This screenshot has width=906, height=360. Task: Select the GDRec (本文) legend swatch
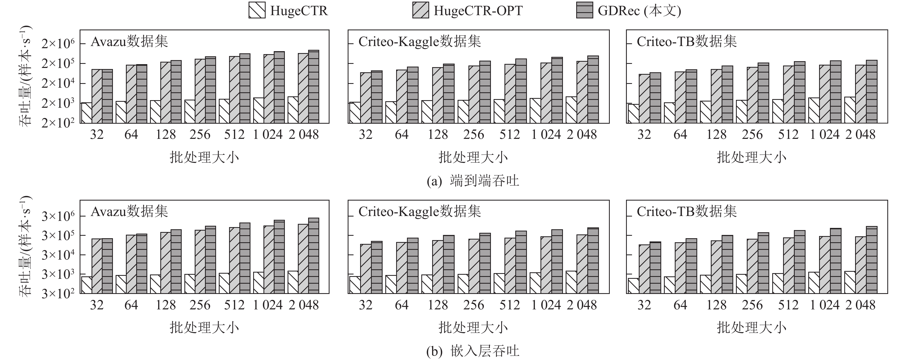(x=585, y=10)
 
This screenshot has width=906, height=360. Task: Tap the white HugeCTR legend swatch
(x=257, y=10)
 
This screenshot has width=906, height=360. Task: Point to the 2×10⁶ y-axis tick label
(x=58, y=44)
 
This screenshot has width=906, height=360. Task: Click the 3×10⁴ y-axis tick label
(x=58, y=255)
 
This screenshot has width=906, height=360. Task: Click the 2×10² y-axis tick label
(x=58, y=123)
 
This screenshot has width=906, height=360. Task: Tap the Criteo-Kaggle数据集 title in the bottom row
(x=420, y=212)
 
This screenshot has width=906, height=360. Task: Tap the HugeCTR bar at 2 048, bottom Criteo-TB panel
(x=861, y=282)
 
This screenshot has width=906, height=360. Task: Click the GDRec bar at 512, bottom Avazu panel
(x=245, y=258)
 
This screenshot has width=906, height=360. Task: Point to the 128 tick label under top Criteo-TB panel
(x=716, y=135)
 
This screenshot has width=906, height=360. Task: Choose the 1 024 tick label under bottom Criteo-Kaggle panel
(x=546, y=305)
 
